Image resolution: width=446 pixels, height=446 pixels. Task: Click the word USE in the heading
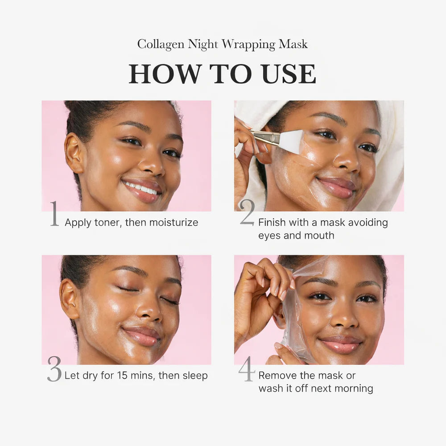289,74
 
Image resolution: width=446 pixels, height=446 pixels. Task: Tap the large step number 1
54,214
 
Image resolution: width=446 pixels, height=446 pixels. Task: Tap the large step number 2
247,213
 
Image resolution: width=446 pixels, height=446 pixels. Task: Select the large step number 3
54,368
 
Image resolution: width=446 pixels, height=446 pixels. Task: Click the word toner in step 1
106,222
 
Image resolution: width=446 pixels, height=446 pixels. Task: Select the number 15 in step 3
123,376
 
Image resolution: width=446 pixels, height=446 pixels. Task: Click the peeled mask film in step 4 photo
292,321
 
